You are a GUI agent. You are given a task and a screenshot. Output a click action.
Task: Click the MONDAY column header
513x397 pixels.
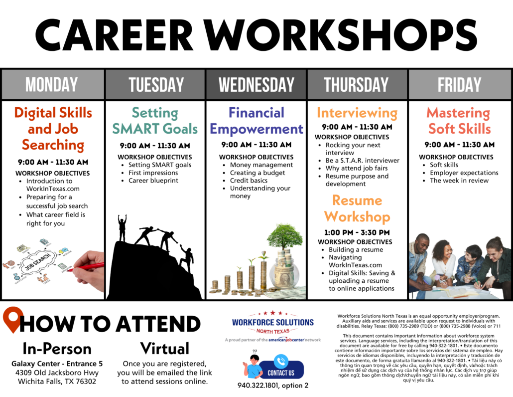(x=52, y=84)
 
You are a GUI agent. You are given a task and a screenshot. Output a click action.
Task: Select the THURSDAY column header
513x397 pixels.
(x=356, y=84)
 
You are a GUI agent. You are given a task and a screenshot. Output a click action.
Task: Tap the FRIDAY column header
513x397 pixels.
(x=459, y=84)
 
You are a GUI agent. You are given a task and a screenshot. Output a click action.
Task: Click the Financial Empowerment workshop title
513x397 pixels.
(x=256, y=121)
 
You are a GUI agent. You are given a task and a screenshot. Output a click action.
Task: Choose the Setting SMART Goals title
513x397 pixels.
(x=155, y=121)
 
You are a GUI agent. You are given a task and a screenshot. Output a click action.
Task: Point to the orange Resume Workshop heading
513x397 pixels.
(x=357, y=208)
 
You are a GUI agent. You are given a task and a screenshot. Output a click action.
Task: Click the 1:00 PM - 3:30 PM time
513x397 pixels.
(x=357, y=232)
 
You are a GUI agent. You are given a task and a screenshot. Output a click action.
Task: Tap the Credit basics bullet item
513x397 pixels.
(x=249, y=181)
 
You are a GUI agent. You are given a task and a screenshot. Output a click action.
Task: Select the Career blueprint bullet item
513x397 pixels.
(x=153, y=181)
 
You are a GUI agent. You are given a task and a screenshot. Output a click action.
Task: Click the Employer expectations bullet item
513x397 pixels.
(x=464, y=173)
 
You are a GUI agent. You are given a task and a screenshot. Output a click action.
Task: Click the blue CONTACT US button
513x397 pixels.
(x=281, y=370)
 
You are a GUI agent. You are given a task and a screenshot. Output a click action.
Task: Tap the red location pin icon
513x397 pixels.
(x=13, y=319)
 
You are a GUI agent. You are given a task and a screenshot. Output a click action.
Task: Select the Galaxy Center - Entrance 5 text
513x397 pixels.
(x=57, y=364)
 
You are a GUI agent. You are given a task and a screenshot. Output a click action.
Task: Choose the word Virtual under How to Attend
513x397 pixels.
(x=164, y=348)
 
